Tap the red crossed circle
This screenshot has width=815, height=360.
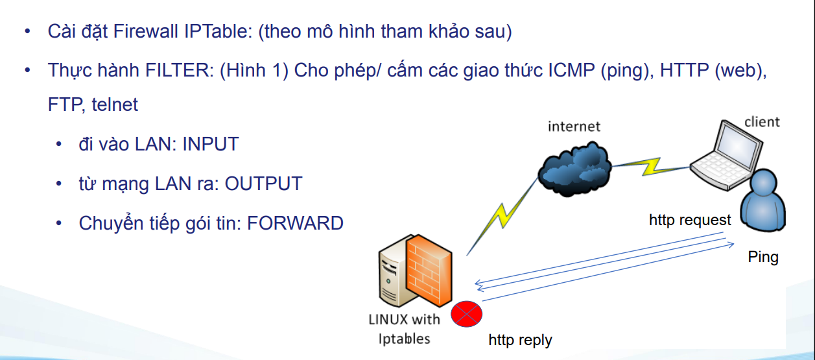[x=467, y=314]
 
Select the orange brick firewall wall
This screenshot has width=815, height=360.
[x=429, y=269]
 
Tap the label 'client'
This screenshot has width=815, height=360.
[x=762, y=121]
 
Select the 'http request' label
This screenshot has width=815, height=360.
[x=690, y=220]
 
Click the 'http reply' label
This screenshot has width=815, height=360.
[x=520, y=340]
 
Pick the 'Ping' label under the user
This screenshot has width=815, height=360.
[x=763, y=257]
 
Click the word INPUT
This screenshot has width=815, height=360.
[x=211, y=144]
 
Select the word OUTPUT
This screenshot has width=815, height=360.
[x=263, y=184]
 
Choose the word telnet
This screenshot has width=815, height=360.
[x=115, y=104]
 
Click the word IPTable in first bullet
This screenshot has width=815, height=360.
[x=210, y=32]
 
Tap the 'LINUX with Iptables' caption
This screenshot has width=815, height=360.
[x=403, y=328]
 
